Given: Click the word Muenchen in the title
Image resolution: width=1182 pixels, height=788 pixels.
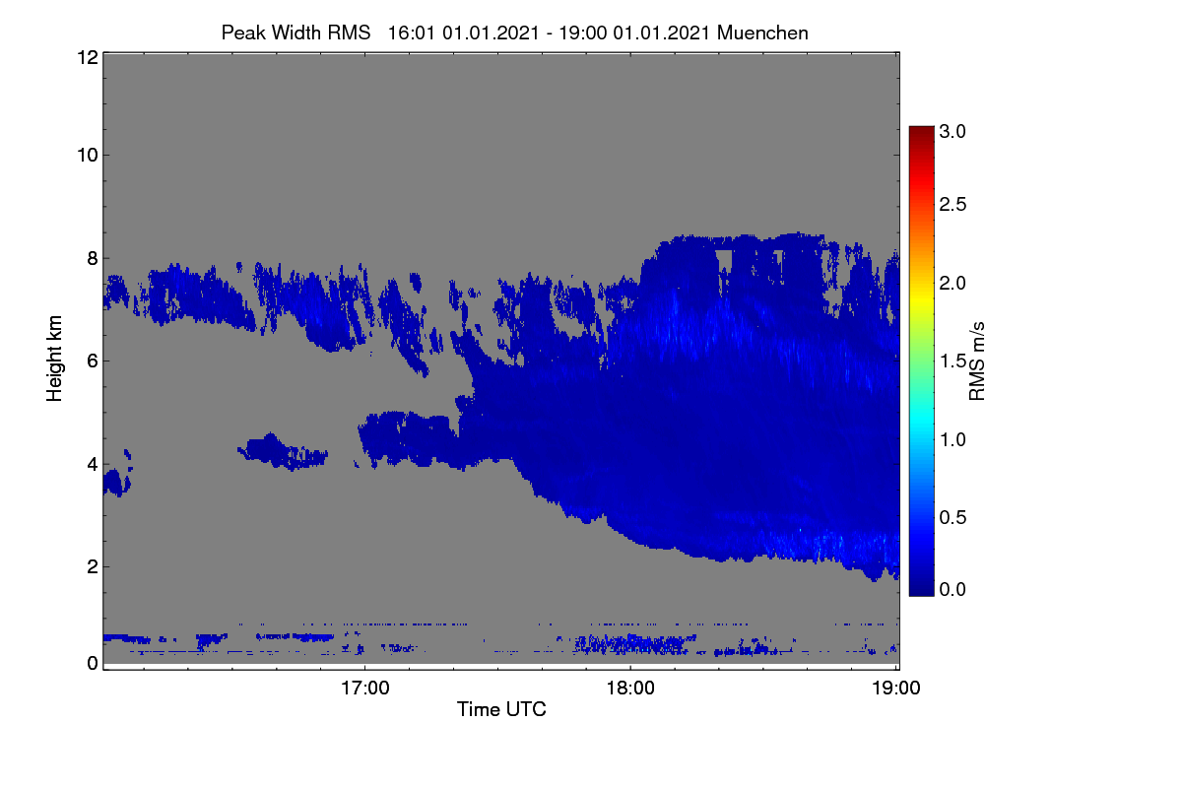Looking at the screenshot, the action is click(762, 33).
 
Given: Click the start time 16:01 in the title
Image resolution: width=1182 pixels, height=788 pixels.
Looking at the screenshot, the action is click(411, 33).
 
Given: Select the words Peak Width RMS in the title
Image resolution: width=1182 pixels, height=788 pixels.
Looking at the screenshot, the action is click(295, 33).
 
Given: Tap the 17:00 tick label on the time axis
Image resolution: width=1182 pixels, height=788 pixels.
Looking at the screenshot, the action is click(364, 689).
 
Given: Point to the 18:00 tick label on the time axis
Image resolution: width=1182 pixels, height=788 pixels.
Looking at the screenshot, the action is click(630, 689).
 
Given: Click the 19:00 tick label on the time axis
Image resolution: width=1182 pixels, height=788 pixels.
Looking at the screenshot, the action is click(896, 689).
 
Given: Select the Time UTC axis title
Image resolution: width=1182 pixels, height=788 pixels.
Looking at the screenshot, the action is click(501, 709).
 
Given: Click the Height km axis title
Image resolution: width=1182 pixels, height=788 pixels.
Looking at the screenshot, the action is click(54, 359).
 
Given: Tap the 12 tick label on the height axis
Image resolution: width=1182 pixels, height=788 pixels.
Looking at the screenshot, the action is click(88, 57).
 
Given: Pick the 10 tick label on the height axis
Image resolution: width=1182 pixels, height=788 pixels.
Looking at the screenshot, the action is click(88, 156).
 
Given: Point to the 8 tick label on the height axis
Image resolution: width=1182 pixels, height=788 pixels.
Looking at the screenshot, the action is click(93, 258).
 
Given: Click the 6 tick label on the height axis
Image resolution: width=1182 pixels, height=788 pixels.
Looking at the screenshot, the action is click(93, 361).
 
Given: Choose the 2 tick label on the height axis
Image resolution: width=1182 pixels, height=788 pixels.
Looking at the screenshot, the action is click(93, 566).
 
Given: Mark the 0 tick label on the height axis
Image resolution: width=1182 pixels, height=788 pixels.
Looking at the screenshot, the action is click(93, 664).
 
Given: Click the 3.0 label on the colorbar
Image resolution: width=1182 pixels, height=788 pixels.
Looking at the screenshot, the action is click(952, 131).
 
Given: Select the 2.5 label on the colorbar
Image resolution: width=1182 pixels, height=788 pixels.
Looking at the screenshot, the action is click(952, 204).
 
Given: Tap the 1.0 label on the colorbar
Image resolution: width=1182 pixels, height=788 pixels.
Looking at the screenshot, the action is click(952, 439).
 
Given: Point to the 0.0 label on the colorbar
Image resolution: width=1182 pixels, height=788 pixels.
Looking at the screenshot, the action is click(952, 589).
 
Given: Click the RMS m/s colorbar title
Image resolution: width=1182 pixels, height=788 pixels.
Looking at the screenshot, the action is click(977, 361).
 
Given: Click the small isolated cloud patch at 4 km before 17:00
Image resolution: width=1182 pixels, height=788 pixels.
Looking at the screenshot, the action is click(283, 452).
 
